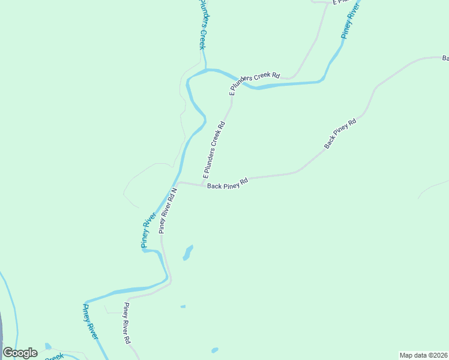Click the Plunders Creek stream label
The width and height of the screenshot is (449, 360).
click(x=202, y=24)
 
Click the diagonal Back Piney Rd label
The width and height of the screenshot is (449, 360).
click(x=340, y=133)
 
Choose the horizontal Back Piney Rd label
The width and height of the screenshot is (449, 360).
click(x=228, y=184)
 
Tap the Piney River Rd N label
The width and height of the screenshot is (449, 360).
click(x=167, y=211)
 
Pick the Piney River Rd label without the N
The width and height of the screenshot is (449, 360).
click(x=127, y=322)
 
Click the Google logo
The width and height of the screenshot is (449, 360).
click(x=20, y=353)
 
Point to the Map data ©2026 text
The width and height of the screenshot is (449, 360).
click(x=424, y=355)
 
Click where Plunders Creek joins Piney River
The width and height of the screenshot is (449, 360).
click(x=206, y=70)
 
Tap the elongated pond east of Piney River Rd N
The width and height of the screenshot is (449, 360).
click(x=188, y=253)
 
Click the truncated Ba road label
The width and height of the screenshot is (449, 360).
click(x=445, y=58)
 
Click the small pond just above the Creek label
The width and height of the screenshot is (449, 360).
click(x=49, y=346)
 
